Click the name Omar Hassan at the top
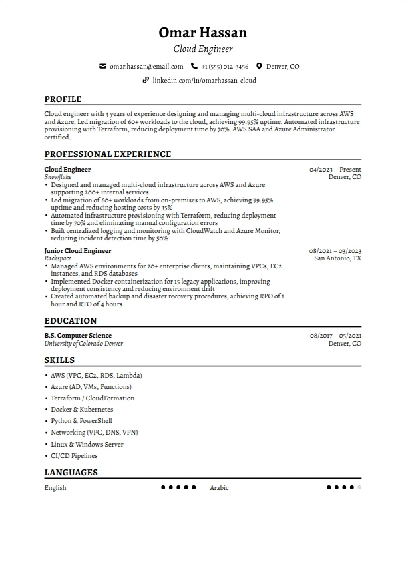[x=202, y=33]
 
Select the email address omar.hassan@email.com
[x=146, y=67]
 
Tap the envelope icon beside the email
[x=102, y=67]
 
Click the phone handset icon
[x=194, y=67]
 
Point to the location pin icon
[x=259, y=67]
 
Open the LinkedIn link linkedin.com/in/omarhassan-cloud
[x=204, y=80]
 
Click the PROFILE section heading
[x=63, y=99]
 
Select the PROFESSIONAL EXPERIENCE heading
[x=108, y=154]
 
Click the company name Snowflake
[x=59, y=178]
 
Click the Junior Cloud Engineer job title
[x=77, y=251]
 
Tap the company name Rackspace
[x=58, y=258]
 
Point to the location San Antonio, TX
[x=337, y=258]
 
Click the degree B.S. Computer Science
[x=77, y=336]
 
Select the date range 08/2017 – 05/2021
[x=335, y=336]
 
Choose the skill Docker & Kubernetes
[x=81, y=410]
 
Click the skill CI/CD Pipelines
[x=74, y=456]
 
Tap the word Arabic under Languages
[x=219, y=488]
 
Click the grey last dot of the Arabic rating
[x=359, y=488]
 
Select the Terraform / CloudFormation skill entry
[x=92, y=398]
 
